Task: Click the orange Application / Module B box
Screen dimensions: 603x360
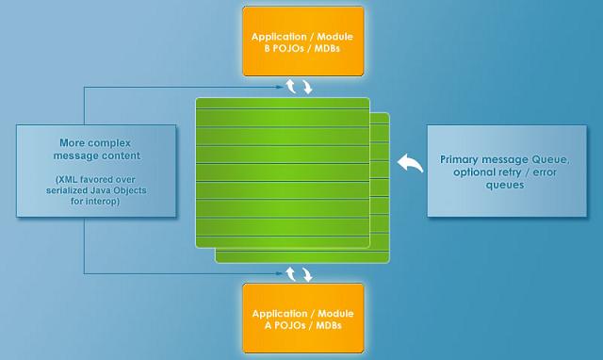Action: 303,41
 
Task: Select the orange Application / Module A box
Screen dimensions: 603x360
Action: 303,319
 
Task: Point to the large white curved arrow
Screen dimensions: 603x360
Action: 410,163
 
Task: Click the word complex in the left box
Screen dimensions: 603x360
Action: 111,143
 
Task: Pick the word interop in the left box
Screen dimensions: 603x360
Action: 102,201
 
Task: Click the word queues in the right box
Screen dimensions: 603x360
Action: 505,185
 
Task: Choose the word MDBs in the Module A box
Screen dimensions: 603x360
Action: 329,325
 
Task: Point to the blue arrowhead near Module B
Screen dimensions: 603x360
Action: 279,88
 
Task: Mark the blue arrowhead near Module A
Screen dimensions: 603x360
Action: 279,273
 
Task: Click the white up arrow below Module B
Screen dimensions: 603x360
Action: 291,86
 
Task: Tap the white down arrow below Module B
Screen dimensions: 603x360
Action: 307,87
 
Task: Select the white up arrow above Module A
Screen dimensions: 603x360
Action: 291,274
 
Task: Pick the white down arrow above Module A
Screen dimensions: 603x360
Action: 307,274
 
